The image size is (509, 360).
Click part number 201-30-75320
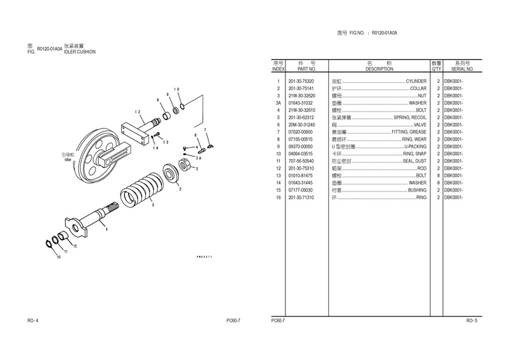click(301, 81)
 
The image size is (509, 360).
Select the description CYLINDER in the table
click(416, 81)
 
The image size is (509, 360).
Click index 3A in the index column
click(278, 103)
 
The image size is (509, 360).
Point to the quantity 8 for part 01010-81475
click(437, 176)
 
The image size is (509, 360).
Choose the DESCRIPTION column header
click(379, 69)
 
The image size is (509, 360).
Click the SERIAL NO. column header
click(461, 69)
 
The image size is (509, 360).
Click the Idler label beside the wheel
click(76, 161)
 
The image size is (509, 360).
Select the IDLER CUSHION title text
click(79, 52)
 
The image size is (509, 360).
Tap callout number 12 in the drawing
click(138, 112)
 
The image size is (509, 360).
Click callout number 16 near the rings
click(59, 257)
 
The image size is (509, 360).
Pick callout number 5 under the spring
click(153, 205)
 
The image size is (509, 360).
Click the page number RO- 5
click(471, 320)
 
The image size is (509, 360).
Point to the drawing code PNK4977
click(204, 258)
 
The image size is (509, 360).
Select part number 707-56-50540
click(301, 161)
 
